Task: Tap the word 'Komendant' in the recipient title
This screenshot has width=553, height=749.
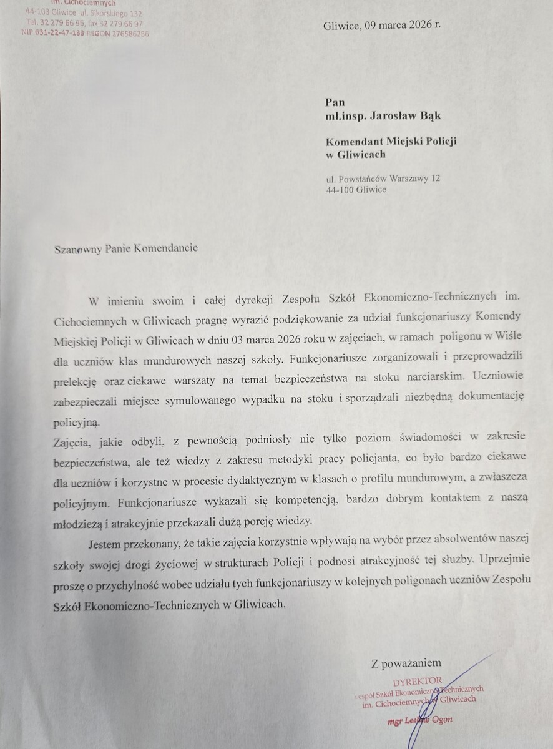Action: [x=355, y=142]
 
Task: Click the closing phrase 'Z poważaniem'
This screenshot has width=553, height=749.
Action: [x=406, y=663]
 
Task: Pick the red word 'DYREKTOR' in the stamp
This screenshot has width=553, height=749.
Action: [x=418, y=680]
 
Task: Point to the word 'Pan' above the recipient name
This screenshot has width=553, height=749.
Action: [x=335, y=102]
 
